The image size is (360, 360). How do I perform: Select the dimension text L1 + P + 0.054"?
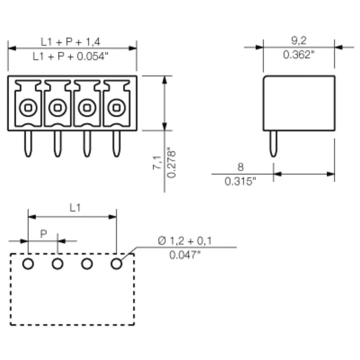tap(71, 56)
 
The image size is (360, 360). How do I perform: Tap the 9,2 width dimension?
tap(298, 41)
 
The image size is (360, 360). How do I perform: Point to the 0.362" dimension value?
tap(298, 55)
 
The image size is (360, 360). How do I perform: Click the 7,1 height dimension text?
tap(157, 162)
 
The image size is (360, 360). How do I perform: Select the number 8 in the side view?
tap(240, 167)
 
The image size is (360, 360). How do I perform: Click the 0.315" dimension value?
tap(240, 181)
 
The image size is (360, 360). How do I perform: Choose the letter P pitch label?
tap(44, 234)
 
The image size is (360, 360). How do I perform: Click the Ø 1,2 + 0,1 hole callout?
tap(185, 241)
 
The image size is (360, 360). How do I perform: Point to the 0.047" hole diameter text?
tap(185, 255)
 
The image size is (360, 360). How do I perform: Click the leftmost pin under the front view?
tap(28, 144)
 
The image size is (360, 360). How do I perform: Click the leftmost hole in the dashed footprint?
tap(28, 264)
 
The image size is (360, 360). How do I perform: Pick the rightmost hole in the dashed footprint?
tap(117, 264)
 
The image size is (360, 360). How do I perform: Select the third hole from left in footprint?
tap(87, 264)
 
